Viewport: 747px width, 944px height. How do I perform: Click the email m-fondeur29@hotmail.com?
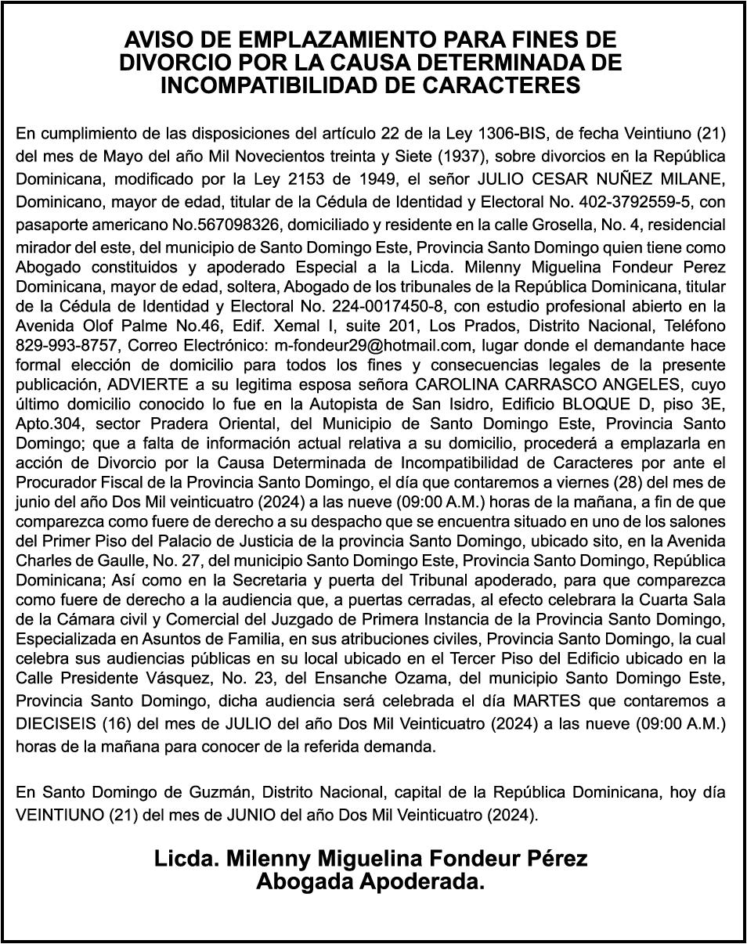(x=371, y=344)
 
